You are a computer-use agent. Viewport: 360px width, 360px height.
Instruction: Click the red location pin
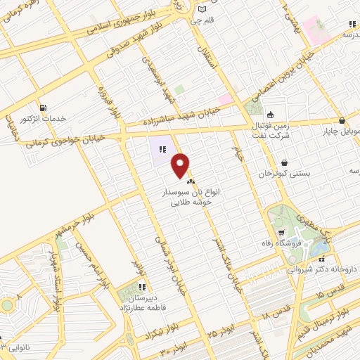coord(181,165)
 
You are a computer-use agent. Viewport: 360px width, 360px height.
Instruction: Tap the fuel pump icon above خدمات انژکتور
coord(45,108)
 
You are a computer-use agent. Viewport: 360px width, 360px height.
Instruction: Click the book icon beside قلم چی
coord(203,10)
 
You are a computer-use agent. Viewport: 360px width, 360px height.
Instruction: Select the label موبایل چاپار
coord(340,131)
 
